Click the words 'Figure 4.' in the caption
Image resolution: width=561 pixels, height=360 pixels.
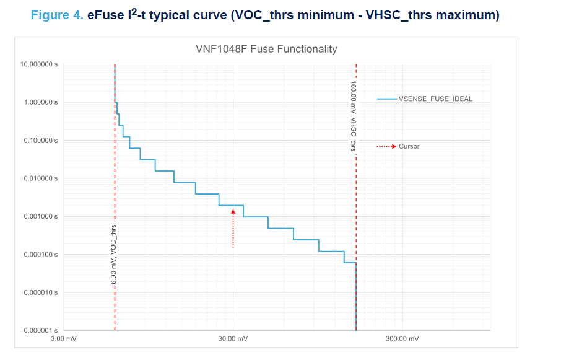56,15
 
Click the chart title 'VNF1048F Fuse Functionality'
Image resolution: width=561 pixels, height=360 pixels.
266,49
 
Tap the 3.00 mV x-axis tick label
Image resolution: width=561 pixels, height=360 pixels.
64,339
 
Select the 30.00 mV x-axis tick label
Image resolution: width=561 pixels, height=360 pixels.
233,339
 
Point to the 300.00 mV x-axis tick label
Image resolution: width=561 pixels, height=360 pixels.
402,339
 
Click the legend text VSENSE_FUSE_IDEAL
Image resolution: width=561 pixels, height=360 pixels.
435,99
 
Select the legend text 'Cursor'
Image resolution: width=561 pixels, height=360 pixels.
409,147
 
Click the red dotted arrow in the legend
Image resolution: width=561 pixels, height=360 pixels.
386,147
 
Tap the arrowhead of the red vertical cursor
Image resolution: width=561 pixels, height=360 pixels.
233,212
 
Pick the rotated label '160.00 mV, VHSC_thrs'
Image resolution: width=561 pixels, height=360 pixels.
353,116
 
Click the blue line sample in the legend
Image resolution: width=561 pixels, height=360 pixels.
386,99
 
